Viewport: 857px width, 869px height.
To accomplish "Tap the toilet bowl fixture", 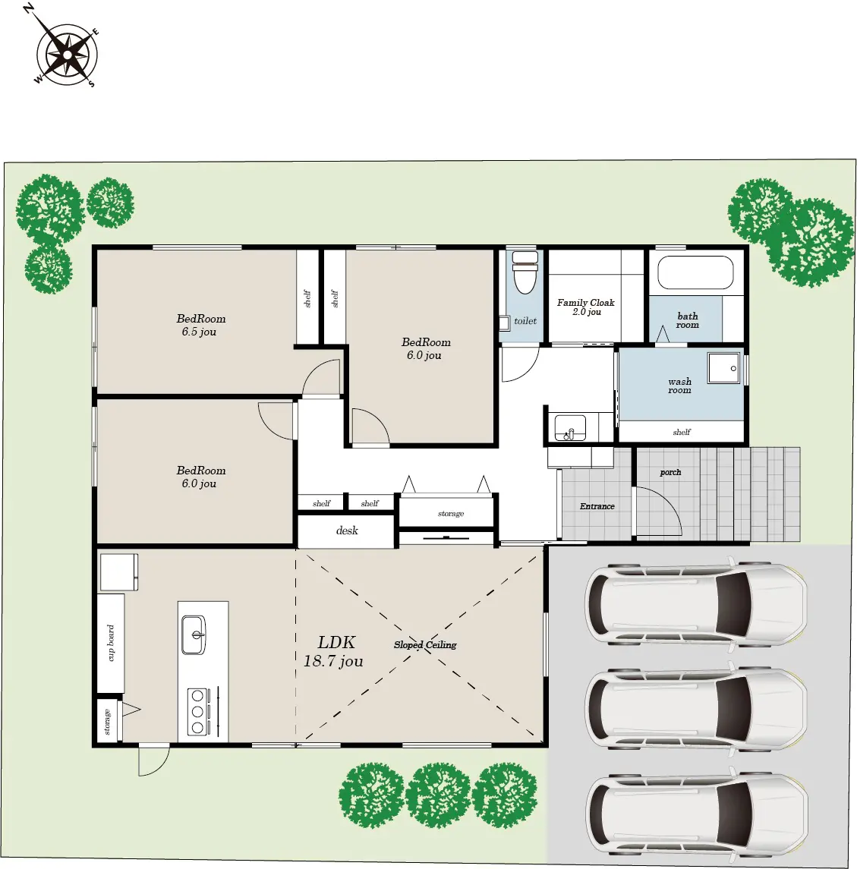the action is (x=525, y=272).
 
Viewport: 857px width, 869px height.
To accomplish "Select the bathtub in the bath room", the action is (x=695, y=272).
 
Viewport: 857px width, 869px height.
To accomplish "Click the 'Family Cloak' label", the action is (x=585, y=303).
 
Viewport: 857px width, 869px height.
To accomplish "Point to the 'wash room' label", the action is (x=679, y=386).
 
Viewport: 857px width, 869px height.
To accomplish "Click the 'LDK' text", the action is (x=336, y=642).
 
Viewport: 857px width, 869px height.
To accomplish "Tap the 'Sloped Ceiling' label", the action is (x=425, y=644).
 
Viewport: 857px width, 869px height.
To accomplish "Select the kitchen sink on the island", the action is (x=194, y=634).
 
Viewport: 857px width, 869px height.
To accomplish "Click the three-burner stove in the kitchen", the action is (x=198, y=712).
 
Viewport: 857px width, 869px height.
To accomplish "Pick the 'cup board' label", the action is (x=111, y=643).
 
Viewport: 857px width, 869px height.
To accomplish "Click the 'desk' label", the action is (x=347, y=531).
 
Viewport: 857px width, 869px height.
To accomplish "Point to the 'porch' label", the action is (x=670, y=472).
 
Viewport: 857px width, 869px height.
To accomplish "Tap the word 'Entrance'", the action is (x=597, y=506).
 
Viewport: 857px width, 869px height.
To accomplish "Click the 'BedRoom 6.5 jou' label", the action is (x=200, y=326).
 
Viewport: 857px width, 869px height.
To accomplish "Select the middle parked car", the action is (x=696, y=708).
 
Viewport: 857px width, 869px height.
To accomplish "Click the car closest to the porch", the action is (x=696, y=603).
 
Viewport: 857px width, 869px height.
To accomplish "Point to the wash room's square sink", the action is (x=724, y=367).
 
